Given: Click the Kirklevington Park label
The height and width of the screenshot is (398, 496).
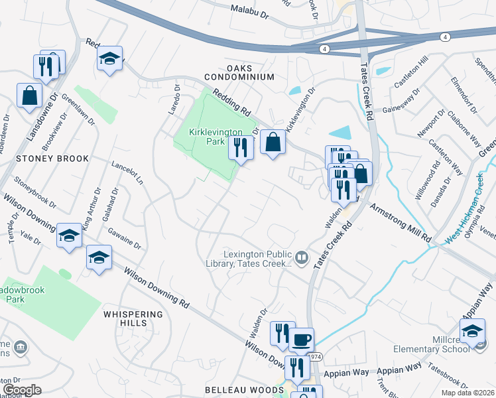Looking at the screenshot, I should (x=213, y=137).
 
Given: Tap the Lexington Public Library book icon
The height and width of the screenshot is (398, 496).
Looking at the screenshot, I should (x=302, y=257).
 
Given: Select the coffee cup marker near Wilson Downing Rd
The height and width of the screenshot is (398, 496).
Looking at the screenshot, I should (x=300, y=339).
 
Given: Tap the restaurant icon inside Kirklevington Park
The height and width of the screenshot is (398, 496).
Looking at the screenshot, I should (x=241, y=147).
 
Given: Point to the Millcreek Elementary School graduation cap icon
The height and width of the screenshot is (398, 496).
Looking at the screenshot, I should (x=473, y=330).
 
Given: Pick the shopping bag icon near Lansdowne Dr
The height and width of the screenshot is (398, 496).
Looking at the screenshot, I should (x=30, y=96).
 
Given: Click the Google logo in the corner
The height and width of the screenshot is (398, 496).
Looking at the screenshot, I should (x=22, y=390).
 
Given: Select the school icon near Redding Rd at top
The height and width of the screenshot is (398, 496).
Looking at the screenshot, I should (x=110, y=58).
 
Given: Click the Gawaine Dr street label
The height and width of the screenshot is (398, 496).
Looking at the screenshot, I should (x=125, y=237).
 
